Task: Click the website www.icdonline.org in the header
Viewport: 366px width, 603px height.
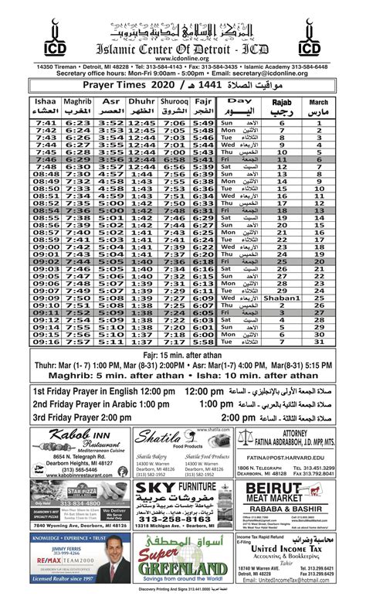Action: pos(183,58)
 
